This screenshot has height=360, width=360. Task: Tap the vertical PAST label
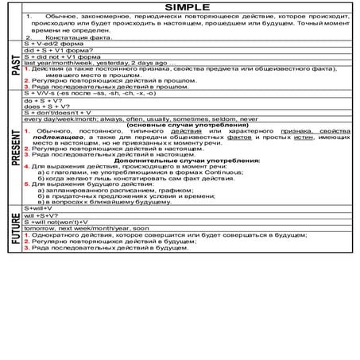(x=14, y=65)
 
